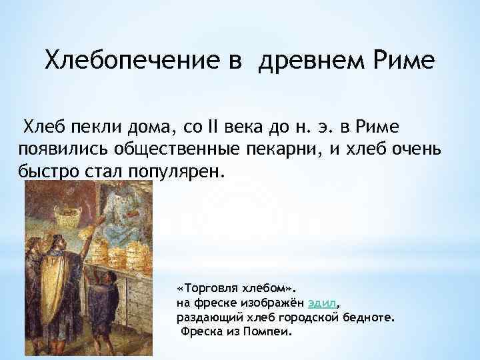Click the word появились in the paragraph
61,149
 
